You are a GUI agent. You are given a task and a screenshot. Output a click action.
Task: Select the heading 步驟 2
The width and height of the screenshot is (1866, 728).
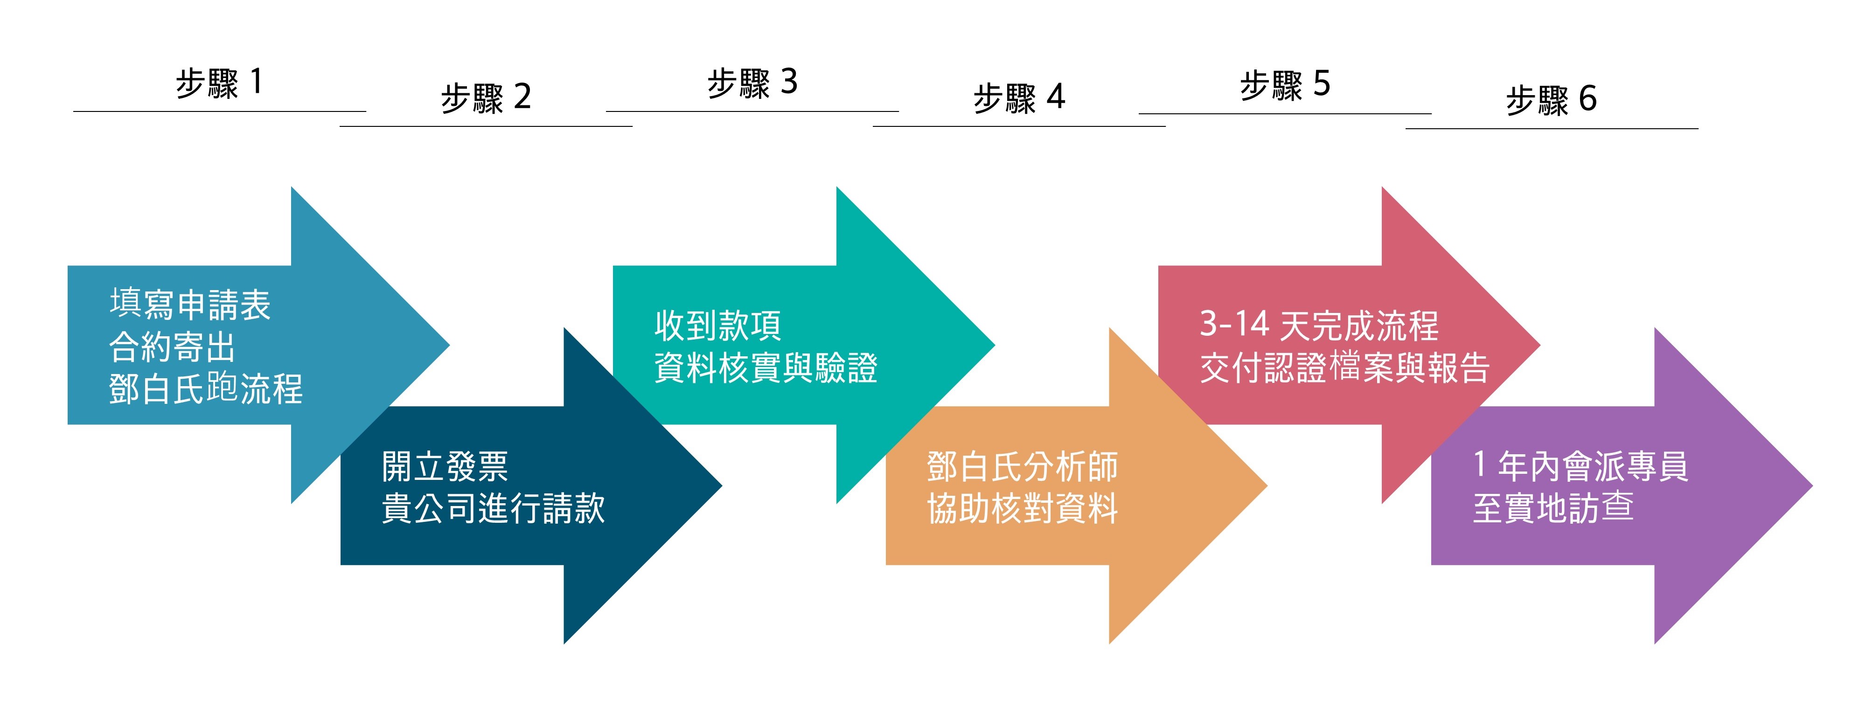click(x=486, y=98)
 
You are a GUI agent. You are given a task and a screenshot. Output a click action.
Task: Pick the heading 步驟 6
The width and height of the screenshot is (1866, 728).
click(x=1551, y=99)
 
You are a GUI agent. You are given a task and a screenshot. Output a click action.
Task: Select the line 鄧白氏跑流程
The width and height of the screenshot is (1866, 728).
click(x=206, y=388)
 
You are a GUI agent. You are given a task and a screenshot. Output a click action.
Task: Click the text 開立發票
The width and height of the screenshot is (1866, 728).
click(x=445, y=466)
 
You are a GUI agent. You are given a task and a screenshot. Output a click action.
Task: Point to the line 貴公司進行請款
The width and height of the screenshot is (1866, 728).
click(x=493, y=508)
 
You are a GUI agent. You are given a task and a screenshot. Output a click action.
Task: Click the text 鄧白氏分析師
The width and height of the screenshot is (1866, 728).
click(x=1022, y=466)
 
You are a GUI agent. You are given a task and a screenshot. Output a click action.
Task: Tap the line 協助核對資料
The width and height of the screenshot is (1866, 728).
click(x=1022, y=508)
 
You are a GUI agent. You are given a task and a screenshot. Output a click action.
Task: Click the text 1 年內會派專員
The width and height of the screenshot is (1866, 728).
click(x=1581, y=466)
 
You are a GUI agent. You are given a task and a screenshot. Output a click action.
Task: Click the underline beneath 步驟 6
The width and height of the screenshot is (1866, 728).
click(x=1552, y=129)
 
